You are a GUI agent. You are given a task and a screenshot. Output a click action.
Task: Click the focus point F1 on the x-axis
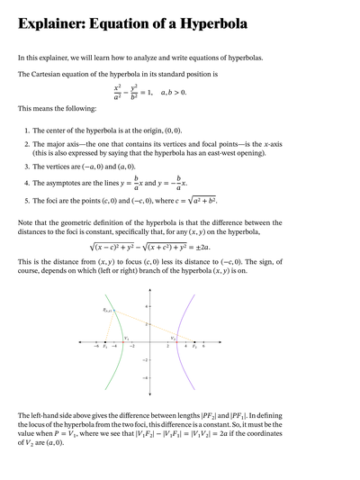pyautogui.click(x=105, y=342)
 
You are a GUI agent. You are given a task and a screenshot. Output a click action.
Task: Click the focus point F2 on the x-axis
pyautogui.click(x=193, y=342)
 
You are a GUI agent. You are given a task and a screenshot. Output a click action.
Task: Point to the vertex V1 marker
pyautogui.click(x=123, y=342)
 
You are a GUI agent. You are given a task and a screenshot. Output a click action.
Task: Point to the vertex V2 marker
pyautogui.click(x=175, y=342)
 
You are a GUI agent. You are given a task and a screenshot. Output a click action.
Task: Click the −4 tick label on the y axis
pyautogui.click(x=146, y=377)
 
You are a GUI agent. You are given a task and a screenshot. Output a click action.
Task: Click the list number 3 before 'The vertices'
pyautogui.click(x=26, y=167)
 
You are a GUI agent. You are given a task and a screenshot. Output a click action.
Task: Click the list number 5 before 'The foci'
pyautogui.click(x=26, y=200)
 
